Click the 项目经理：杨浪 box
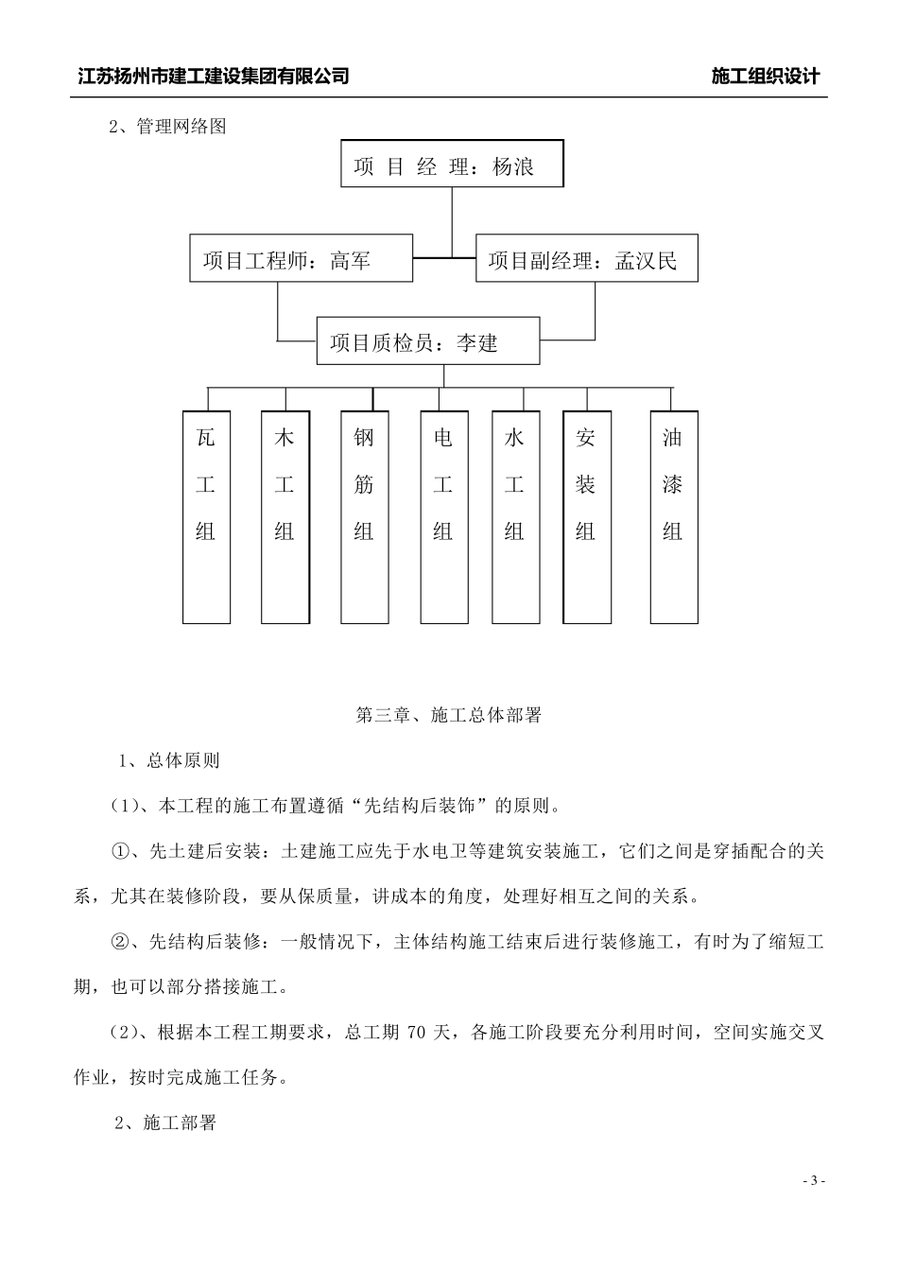click(452, 165)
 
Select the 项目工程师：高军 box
click(301, 258)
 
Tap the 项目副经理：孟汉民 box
click(586, 258)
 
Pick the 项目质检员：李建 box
click(427, 341)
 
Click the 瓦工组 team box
click(206, 516)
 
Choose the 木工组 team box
click(285, 516)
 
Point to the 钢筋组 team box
click(364, 516)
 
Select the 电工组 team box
click(443, 516)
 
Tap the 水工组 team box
click(515, 516)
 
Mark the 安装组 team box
click(586, 516)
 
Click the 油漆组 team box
click(673, 516)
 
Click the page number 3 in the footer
click(813, 1181)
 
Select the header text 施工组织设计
click(766, 77)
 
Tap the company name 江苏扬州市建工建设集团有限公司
click(214, 77)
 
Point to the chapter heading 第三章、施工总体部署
click(448, 716)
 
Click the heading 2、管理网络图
click(168, 127)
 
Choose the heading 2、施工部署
click(165, 1123)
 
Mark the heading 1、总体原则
click(169, 760)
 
